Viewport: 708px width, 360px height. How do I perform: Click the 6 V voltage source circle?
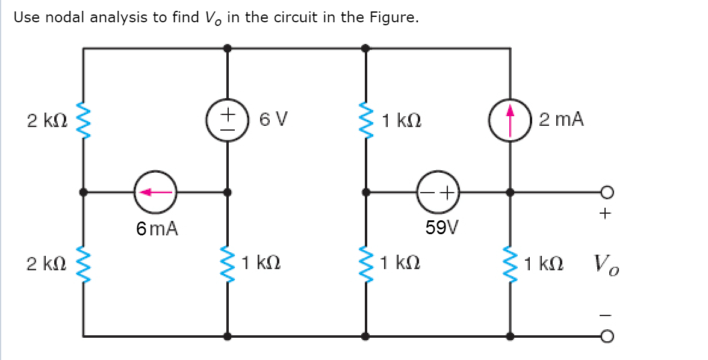click(227, 120)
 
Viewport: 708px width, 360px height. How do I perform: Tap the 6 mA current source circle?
click(155, 193)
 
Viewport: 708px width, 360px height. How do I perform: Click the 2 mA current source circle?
click(511, 120)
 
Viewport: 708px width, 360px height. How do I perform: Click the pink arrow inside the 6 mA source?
click(155, 193)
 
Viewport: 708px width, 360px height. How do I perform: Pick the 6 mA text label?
click(157, 229)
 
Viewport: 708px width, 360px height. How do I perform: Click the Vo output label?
click(605, 264)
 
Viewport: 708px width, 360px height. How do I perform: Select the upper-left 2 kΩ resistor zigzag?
click(84, 120)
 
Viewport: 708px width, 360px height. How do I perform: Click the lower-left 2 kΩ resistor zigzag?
click(84, 264)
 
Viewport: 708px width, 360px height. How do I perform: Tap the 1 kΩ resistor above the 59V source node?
click(365, 120)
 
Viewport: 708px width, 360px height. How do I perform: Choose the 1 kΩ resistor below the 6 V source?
click(227, 264)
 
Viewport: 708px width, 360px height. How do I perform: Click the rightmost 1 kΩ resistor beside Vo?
click(511, 264)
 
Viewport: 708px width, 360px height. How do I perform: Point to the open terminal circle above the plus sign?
click(607, 193)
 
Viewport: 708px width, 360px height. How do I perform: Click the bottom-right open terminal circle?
click(607, 335)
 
